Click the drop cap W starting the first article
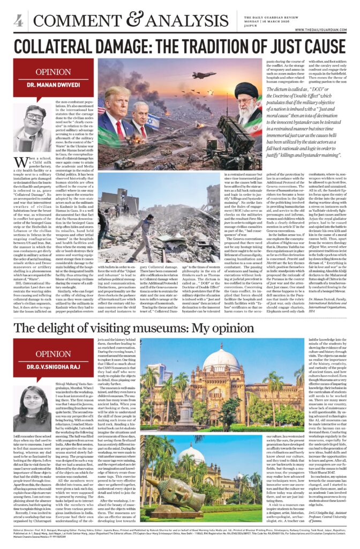(21, 164)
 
